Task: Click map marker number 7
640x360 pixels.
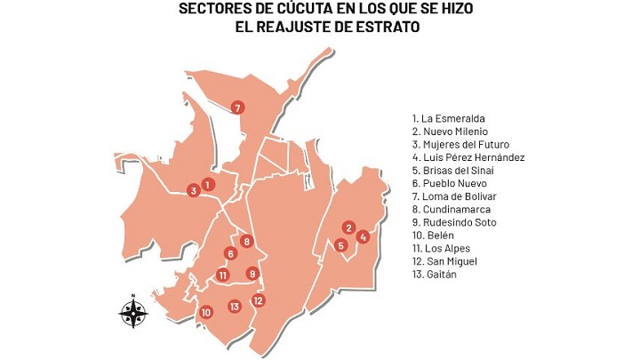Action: pyautogui.click(x=237, y=108)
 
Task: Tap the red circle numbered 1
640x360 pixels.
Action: pyautogui.click(x=207, y=184)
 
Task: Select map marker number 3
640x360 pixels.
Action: pyautogui.click(x=193, y=190)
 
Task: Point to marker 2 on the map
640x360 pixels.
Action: pyautogui.click(x=349, y=228)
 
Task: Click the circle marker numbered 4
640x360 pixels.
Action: pyautogui.click(x=363, y=236)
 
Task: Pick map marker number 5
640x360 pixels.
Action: pyautogui.click(x=340, y=245)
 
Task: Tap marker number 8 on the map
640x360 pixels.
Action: pyautogui.click(x=246, y=241)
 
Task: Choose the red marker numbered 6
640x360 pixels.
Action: pyautogui.click(x=230, y=254)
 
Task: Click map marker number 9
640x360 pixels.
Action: pyautogui.click(x=252, y=274)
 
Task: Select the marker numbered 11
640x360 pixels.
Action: pyautogui.click(x=223, y=275)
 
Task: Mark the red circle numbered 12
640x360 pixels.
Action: pyautogui.click(x=259, y=300)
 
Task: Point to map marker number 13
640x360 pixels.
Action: pyautogui.click(x=234, y=307)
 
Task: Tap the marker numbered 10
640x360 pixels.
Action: pyautogui.click(x=205, y=312)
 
